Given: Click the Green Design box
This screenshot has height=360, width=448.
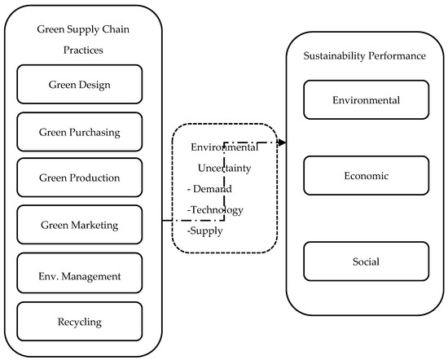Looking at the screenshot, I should click(79, 84).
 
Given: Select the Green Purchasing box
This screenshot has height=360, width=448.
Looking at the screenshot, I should click(79, 131).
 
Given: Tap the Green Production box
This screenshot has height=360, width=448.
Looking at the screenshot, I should click(79, 178).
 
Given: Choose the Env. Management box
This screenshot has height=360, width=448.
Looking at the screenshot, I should click(79, 275).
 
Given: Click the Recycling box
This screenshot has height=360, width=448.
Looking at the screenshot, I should click(79, 322).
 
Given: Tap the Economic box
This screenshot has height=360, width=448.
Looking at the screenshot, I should click(366, 176).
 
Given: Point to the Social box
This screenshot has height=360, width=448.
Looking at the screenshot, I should click(366, 262).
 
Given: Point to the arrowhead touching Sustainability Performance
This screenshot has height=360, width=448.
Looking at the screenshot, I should click(283, 143).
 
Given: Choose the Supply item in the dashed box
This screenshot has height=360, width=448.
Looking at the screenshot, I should click(208, 230).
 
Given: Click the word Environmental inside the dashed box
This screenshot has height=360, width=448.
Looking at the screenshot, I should click(224, 147).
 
